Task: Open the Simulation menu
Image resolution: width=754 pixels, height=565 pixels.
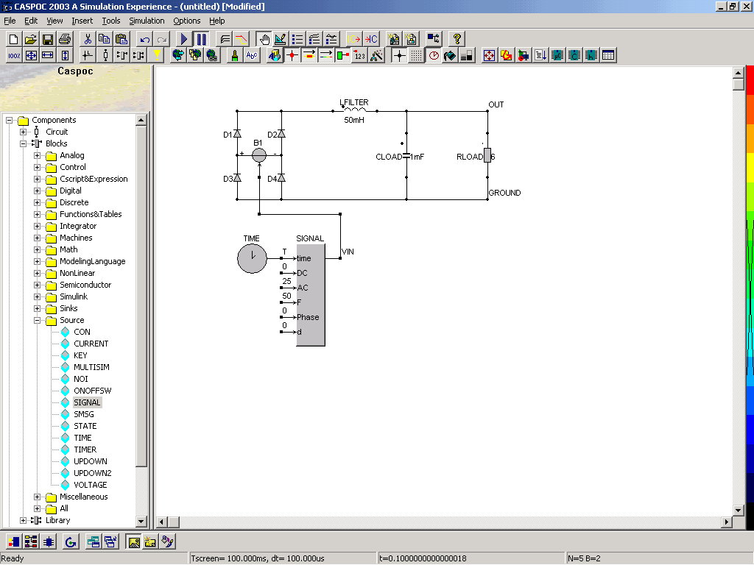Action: (147, 21)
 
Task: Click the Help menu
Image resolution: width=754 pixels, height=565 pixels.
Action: (217, 21)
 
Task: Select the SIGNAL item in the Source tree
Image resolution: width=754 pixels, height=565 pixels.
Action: (87, 402)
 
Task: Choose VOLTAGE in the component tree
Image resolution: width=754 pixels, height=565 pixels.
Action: (91, 485)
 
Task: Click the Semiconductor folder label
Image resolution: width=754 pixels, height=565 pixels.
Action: (85, 285)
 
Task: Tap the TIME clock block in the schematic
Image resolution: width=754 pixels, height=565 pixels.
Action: (252, 258)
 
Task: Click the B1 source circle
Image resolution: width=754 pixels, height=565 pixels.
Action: (259, 154)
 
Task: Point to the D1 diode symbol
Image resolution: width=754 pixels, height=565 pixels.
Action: (237, 134)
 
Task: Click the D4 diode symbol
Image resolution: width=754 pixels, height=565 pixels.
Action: (281, 178)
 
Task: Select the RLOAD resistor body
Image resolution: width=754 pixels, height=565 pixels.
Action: (487, 155)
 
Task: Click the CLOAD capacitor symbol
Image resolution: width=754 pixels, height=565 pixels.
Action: (406, 156)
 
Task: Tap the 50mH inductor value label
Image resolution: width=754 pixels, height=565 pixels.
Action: (354, 120)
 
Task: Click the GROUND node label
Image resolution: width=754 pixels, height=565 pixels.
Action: (504, 193)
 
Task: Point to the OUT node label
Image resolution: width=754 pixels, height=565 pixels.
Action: (496, 104)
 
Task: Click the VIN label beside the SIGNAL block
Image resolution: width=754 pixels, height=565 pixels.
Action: (348, 252)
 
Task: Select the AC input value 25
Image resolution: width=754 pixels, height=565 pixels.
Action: (286, 281)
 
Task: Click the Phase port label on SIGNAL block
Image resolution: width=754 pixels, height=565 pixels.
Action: (308, 317)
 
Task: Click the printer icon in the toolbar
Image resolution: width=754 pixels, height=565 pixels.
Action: (65, 39)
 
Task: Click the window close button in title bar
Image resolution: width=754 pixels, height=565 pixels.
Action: (745, 6)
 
